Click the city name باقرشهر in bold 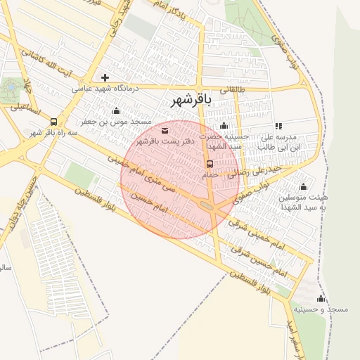point(191,101)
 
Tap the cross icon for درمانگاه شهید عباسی point(105,77)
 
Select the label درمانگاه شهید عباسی point(105,89)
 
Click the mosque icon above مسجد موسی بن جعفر point(116,110)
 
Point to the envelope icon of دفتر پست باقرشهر point(165,131)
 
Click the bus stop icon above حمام point(210,164)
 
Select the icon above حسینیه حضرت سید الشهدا point(224,127)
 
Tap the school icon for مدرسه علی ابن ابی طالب point(278,127)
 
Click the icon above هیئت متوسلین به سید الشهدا point(303,186)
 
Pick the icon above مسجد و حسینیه point(321,299)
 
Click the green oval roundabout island point(209,205)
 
